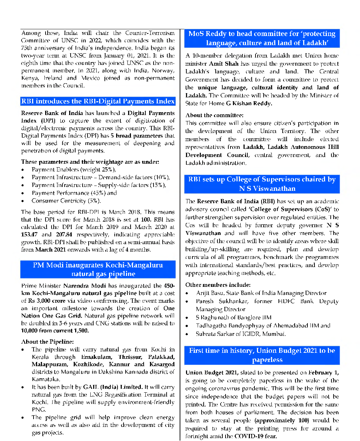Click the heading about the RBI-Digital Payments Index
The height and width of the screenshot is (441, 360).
click(98, 102)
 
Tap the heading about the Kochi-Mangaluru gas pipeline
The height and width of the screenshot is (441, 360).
click(98, 269)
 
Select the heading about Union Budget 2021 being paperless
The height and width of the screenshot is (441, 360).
click(262, 355)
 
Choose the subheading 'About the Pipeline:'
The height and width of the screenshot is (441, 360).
click(47, 342)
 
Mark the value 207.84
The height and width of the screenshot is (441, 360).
click(64, 235)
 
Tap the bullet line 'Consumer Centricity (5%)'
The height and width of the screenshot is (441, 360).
click(66, 201)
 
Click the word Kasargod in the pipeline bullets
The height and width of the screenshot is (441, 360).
click(162, 364)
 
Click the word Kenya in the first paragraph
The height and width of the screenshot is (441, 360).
click(30, 78)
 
